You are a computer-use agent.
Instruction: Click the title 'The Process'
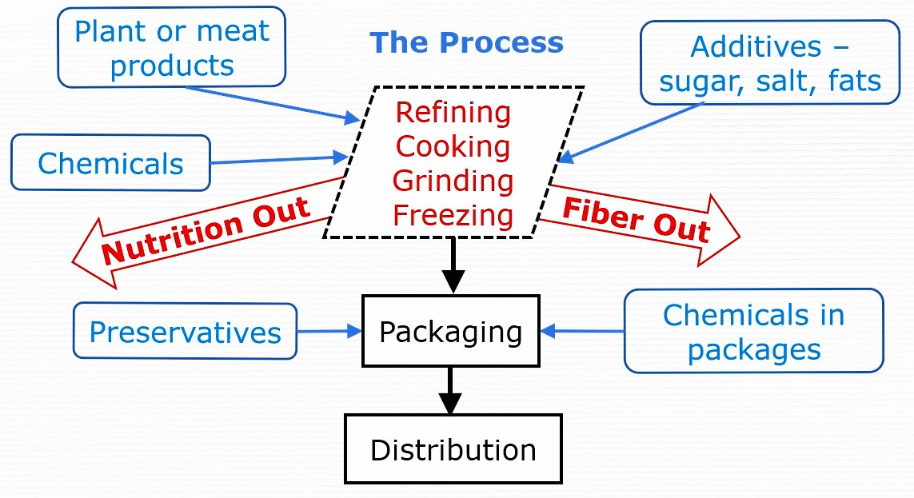pos(466,42)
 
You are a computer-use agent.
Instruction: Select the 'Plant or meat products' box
pos(172,47)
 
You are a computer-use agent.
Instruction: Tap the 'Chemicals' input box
pos(110,163)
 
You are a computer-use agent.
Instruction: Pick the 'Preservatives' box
pos(185,331)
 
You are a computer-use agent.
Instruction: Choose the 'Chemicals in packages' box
pos(753,331)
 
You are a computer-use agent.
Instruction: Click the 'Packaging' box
pos(450,330)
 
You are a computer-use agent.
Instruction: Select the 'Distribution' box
pos(453,449)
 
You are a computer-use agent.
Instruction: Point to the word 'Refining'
pos(453,113)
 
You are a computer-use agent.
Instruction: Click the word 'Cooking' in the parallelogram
pos(453,147)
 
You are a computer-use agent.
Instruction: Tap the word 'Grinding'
pos(453,181)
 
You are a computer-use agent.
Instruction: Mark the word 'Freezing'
pos(453,215)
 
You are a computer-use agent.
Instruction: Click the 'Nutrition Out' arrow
pos(204,231)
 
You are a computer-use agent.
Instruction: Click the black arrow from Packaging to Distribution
pos(451,390)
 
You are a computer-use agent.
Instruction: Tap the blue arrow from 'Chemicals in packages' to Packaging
pos(582,330)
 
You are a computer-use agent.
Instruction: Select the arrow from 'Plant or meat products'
pos(272,104)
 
